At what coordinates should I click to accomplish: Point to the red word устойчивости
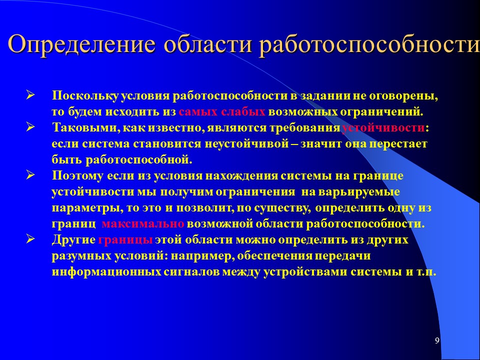click(x=383, y=128)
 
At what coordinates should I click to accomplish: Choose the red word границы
click(x=125, y=239)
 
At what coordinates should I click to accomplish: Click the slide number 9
click(x=437, y=341)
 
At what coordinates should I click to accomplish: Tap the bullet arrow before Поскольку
click(x=30, y=95)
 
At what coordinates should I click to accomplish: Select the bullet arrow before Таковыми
click(x=30, y=127)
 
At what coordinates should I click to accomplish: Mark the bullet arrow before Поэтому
click(x=30, y=175)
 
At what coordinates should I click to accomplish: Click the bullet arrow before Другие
click(x=30, y=239)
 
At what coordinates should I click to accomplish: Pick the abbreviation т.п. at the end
click(x=427, y=272)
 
